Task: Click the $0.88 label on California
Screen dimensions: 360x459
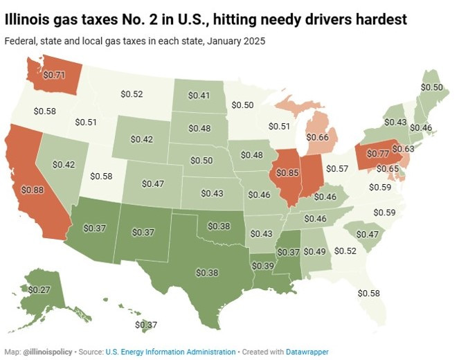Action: (x=32, y=190)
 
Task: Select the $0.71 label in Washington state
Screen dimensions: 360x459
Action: (x=55, y=73)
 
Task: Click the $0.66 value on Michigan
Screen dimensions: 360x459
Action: (x=318, y=137)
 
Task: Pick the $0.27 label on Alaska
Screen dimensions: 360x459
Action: (x=38, y=289)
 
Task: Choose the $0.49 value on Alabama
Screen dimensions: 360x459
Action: (x=315, y=251)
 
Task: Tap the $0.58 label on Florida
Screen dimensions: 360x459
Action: (x=369, y=294)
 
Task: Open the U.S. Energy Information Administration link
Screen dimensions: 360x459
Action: (x=170, y=352)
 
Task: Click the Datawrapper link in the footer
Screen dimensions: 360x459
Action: (x=305, y=352)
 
